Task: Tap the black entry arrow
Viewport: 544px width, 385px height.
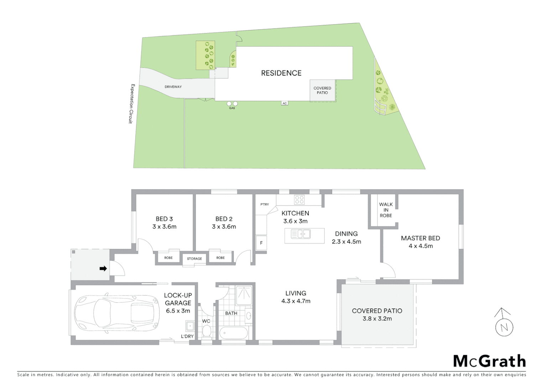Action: pos(103,268)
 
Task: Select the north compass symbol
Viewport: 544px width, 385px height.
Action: pos(504,323)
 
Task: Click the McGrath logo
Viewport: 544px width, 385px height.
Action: pos(490,361)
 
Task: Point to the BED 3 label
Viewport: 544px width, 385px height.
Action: pos(164,219)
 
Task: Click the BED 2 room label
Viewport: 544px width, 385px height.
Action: pos(224,219)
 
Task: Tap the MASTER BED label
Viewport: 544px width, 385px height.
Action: pos(420,238)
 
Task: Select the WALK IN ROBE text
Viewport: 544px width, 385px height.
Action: pos(386,210)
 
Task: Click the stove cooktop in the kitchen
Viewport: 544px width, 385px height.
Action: pos(299,200)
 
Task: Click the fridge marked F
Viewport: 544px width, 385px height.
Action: pos(261,243)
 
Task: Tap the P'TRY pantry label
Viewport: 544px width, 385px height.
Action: pos(265,205)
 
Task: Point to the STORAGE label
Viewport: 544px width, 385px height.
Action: pos(194,259)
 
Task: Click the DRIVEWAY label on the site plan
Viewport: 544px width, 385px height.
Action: pos(173,87)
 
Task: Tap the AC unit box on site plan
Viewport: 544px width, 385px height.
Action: pos(284,103)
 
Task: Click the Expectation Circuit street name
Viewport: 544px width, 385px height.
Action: pos(132,104)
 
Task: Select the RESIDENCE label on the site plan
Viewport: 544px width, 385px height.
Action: pos(281,73)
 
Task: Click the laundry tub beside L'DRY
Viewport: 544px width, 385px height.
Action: pos(189,326)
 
